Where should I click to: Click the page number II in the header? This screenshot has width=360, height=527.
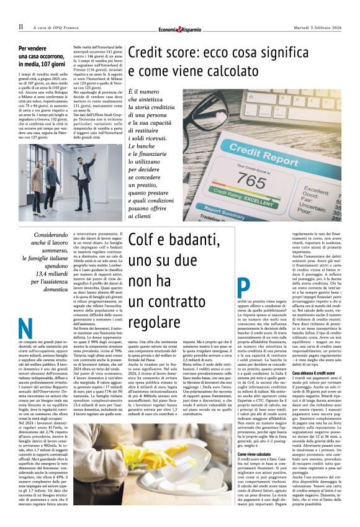(x=20, y=27)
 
